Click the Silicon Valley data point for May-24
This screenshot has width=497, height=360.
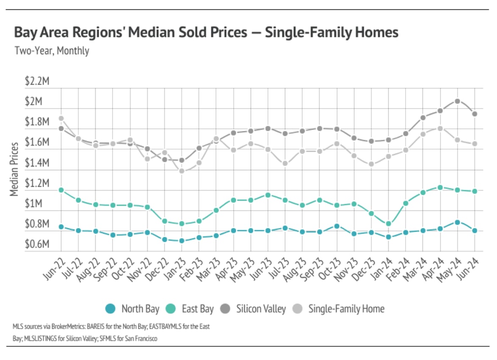pyautogui.click(x=457, y=101)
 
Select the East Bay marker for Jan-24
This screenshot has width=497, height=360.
pyautogui.click(x=388, y=224)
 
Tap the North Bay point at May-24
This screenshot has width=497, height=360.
pyautogui.click(x=457, y=222)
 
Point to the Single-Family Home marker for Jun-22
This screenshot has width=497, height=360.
pyautogui.click(x=61, y=119)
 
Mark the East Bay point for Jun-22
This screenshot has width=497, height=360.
pyautogui.click(x=61, y=190)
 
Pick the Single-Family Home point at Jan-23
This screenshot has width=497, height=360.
pyautogui.click(x=182, y=171)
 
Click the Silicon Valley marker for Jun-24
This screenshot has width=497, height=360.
pyautogui.click(x=475, y=114)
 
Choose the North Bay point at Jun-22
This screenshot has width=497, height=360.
pyautogui.click(x=61, y=227)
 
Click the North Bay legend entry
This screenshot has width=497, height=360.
pyautogui.click(x=132, y=309)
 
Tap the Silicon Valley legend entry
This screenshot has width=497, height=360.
pyautogui.click(x=253, y=309)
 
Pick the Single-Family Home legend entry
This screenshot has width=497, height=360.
pyautogui.click(x=339, y=309)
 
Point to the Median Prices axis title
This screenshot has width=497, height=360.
pyautogui.click(x=15, y=169)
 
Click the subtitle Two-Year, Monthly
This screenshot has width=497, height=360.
pyautogui.click(x=52, y=51)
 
